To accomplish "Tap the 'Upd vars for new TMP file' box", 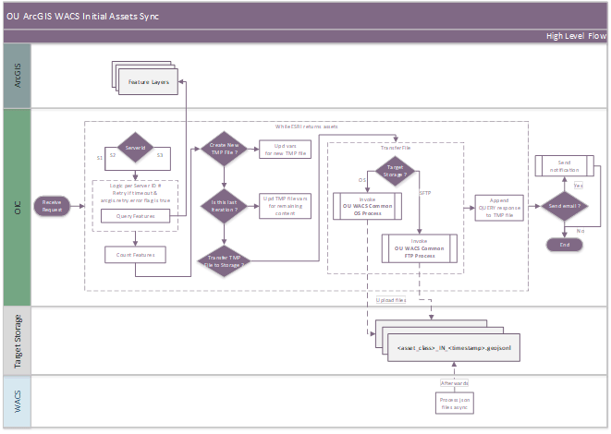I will pyautogui.click(x=286, y=150).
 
